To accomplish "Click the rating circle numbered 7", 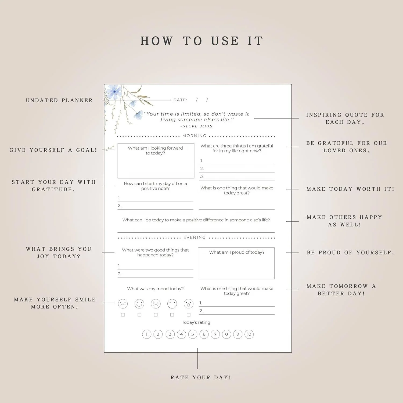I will tap(215, 334).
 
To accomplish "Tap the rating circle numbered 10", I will tap(249, 334).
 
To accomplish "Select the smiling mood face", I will tap(139, 304).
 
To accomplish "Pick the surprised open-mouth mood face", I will tap(189, 304).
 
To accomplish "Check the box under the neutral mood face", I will tap(172, 315).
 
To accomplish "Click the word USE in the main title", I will tap(225, 41).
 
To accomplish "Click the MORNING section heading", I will tap(194, 136).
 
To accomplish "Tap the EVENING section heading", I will tap(195, 237).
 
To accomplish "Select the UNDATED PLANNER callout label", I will tap(59, 100).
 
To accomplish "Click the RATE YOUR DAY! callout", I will tap(201, 377).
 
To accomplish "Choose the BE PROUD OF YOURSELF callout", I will tap(350, 253).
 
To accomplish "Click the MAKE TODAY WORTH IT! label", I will tap(350, 189).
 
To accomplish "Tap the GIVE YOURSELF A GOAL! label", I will tap(53, 150).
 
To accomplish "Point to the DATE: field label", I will tap(180, 100).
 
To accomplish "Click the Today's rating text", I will tap(196, 322).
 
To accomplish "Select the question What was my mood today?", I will tap(155, 289).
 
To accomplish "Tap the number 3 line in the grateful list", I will tap(238, 177).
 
